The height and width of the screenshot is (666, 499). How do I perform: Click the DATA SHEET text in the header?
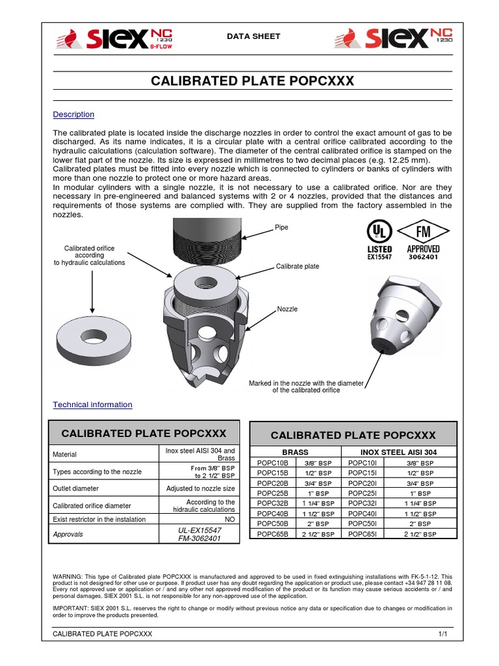coord(253,36)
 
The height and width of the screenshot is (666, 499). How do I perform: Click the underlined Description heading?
coord(73,114)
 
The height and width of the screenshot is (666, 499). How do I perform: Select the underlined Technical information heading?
coord(92,405)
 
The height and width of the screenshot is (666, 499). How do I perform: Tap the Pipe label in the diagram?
coord(282,228)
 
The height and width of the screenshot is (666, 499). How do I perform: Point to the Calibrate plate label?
coord(298,267)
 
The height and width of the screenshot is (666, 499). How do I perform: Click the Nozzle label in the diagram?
coord(287,309)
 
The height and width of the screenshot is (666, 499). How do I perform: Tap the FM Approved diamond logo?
coord(423,237)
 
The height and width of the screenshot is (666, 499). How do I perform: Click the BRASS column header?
coord(295,452)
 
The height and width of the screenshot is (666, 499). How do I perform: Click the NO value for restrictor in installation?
coord(229,519)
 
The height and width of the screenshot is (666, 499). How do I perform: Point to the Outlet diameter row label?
coord(76,488)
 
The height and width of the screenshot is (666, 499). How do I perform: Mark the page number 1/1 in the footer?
coord(443,633)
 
